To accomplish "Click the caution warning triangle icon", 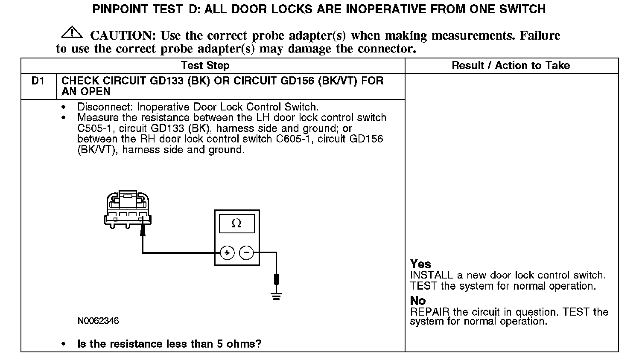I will [72, 32].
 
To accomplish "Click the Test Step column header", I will [205, 65].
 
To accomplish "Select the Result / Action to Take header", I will [511, 65].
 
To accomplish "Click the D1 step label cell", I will [38, 81].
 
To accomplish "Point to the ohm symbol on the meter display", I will [236, 224].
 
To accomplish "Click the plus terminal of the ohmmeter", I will [227, 253].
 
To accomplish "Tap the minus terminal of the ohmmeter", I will [246, 253].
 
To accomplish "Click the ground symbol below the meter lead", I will [276, 296].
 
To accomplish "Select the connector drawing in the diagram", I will [128, 209].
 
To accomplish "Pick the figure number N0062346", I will [98, 321].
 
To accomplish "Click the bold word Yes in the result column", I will [420, 264].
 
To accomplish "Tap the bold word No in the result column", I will [418, 301].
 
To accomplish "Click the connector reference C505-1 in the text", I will [94, 128].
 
